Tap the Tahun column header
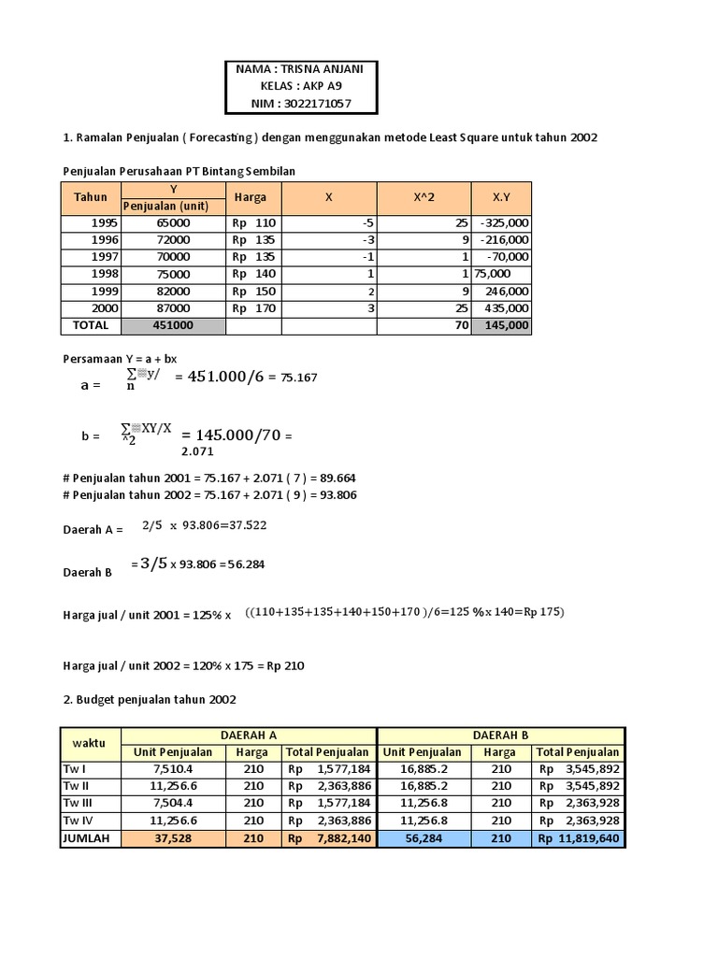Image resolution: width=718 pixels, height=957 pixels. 91,197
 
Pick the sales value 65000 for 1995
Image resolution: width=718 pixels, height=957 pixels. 173,223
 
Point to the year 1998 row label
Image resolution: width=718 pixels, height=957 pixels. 107,274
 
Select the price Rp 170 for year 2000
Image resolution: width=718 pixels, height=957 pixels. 253,307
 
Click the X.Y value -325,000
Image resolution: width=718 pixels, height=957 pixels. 503,223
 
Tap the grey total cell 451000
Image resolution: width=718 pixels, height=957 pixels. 173,325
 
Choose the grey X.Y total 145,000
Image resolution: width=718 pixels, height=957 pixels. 503,325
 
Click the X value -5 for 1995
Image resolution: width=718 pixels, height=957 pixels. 366,223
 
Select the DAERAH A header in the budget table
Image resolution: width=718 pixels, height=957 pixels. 249,736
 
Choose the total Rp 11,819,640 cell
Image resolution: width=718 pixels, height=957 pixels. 578,838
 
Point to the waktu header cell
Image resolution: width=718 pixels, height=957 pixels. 90,743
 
